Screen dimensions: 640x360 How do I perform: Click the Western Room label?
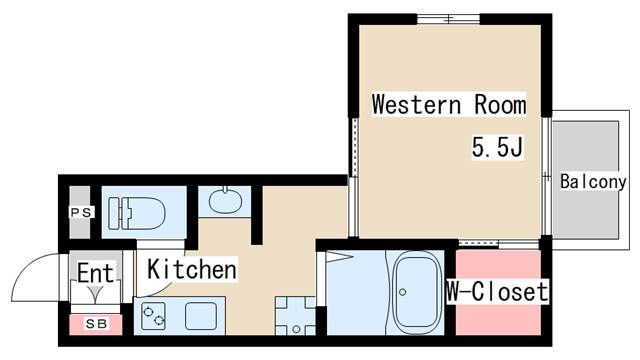[449, 104]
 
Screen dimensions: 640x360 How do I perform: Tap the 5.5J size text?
[497, 147]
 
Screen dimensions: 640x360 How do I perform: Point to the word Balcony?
[593, 182]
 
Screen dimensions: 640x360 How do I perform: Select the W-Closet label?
[497, 291]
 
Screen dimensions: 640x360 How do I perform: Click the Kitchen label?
[192, 269]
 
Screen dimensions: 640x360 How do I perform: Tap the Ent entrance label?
[95, 273]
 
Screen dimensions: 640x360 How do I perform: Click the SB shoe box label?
[96, 324]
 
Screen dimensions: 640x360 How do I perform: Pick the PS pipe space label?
[82, 212]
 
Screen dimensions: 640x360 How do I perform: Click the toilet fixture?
[137, 213]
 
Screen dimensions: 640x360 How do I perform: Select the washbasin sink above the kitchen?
[225, 200]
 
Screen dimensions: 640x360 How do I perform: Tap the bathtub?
[417, 292]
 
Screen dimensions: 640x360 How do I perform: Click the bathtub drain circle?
[402, 292]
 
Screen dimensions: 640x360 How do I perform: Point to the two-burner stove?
[153, 316]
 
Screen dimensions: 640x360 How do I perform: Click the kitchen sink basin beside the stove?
[201, 316]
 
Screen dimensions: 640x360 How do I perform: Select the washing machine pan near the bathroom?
[296, 316]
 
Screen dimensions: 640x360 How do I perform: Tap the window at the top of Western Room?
[449, 19]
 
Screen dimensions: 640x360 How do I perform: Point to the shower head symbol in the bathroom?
[339, 257]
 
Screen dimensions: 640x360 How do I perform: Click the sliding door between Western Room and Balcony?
[547, 176]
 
